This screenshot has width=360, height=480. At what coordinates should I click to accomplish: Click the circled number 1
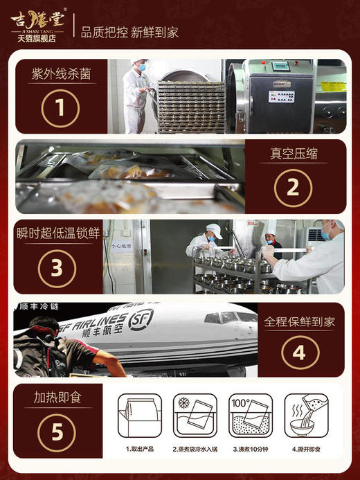[60, 107]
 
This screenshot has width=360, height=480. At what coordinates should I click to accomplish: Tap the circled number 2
[293, 186]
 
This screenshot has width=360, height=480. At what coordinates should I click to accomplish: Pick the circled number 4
[298, 353]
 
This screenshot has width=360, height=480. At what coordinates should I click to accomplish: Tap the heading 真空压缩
[294, 153]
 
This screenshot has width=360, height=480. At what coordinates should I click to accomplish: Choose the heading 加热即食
[58, 399]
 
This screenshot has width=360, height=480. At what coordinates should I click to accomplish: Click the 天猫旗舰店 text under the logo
[37, 38]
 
